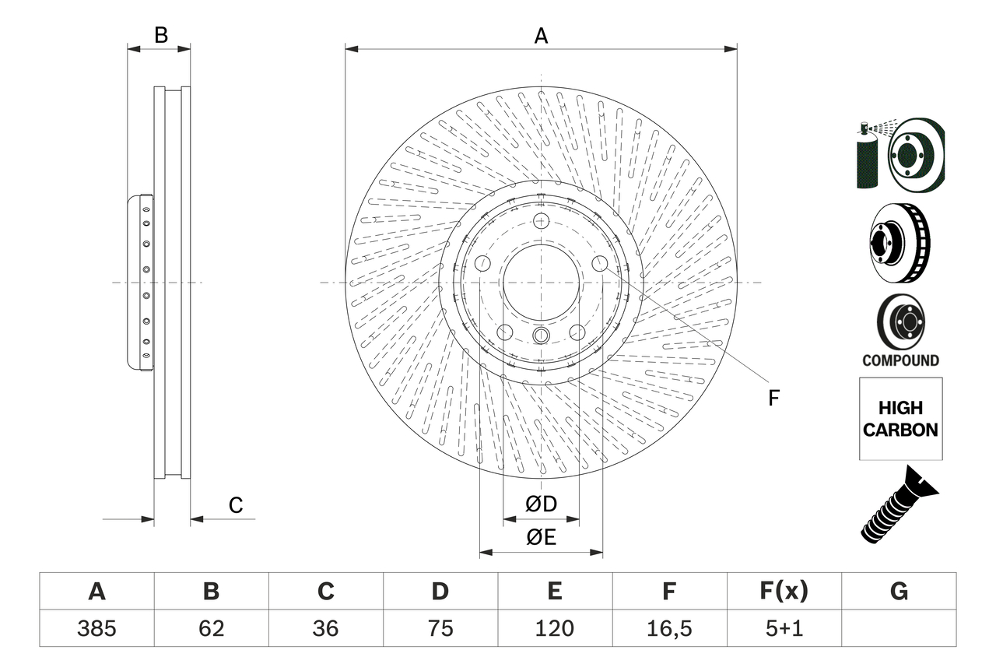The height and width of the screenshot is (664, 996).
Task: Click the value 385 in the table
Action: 96,628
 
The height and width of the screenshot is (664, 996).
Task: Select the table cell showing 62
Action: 211,628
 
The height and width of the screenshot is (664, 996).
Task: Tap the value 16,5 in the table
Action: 668,628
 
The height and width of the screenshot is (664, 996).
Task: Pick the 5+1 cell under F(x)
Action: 784,628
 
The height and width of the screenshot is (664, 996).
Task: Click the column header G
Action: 899,592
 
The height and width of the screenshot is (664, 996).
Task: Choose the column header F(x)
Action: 784,592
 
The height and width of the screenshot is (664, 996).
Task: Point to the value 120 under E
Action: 554,628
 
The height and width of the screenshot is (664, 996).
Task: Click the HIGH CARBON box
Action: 900,419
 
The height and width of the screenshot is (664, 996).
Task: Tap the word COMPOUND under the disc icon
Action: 900,360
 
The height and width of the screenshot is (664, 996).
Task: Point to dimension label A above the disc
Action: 541,36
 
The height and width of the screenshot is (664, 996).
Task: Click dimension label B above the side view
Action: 160,35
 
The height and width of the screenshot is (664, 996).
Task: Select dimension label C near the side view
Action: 236,505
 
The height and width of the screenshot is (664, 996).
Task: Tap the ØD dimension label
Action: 541,504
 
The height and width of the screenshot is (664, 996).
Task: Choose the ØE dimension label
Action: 541,537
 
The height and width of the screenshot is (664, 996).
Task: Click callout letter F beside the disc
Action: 773,398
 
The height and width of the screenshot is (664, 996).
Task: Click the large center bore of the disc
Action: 541,282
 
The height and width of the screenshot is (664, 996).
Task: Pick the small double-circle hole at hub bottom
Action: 541,336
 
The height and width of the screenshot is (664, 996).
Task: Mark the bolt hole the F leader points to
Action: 600,264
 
